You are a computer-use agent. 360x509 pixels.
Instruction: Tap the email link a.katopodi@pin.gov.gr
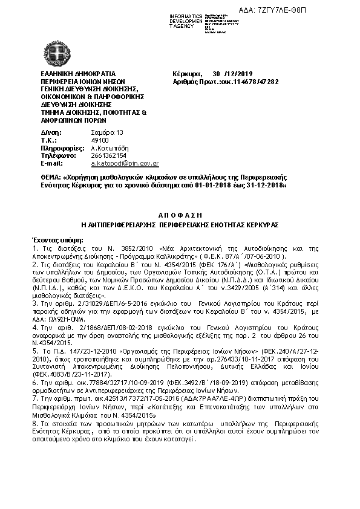[x=125, y=163]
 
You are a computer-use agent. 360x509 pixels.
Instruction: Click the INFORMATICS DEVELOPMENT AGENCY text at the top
[x=186, y=20]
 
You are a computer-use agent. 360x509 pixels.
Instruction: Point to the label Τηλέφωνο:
[x=57, y=155]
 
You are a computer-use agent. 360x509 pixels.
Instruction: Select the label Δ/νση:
[x=51, y=132]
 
